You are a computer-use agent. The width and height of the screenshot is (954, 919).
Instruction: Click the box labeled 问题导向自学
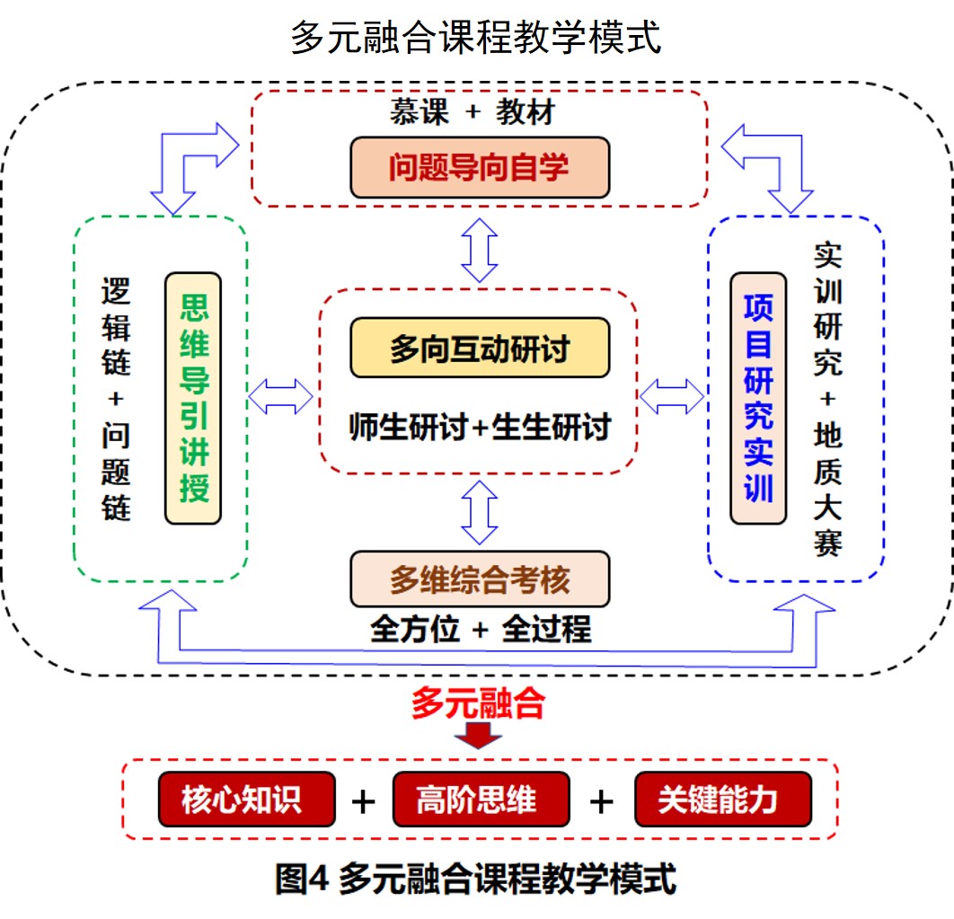point(480,167)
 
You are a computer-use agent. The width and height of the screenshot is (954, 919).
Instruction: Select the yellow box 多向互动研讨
point(480,348)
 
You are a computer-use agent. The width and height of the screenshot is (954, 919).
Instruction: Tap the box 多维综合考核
point(480,580)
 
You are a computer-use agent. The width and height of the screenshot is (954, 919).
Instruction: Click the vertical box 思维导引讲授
point(193,398)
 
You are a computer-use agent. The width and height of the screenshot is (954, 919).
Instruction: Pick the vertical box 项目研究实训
point(758,398)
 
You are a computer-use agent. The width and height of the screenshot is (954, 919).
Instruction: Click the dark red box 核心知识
point(246,799)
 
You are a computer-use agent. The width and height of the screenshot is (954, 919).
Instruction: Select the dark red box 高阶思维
point(481,799)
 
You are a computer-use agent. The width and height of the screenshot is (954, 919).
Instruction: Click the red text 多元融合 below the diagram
point(478,703)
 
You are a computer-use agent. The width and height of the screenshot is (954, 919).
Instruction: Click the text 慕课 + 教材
point(472,113)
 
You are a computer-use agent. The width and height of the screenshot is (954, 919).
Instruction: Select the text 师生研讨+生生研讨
point(480,427)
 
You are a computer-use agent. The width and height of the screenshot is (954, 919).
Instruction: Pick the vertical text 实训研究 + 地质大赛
point(827,399)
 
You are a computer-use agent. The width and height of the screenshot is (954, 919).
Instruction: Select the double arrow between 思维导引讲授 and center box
point(280,395)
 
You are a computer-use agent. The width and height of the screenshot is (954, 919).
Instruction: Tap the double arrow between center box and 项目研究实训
point(672,395)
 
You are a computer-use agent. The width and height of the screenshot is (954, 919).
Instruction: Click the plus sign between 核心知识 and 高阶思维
point(363,800)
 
